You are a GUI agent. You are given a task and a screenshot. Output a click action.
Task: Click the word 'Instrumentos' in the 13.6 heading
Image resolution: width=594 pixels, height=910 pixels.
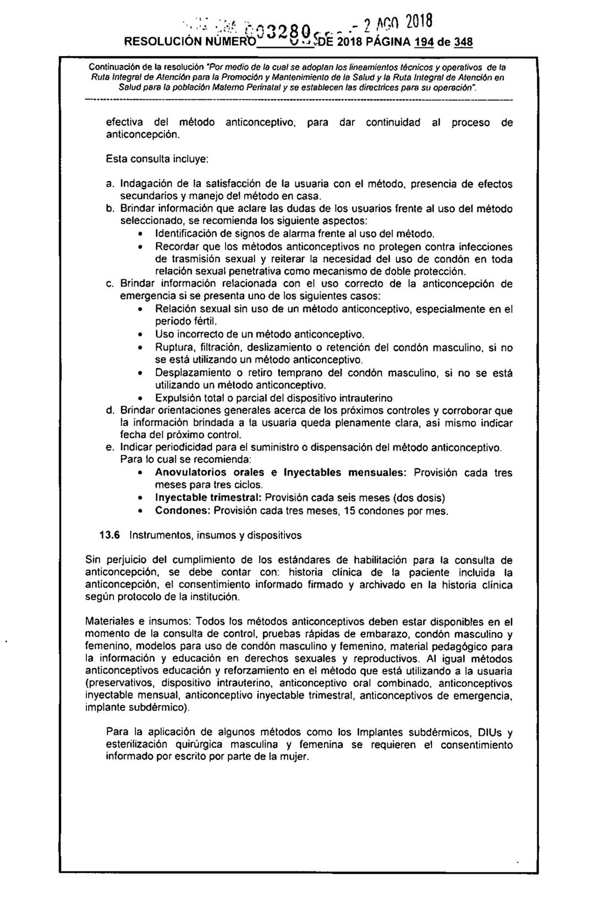[161, 535]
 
